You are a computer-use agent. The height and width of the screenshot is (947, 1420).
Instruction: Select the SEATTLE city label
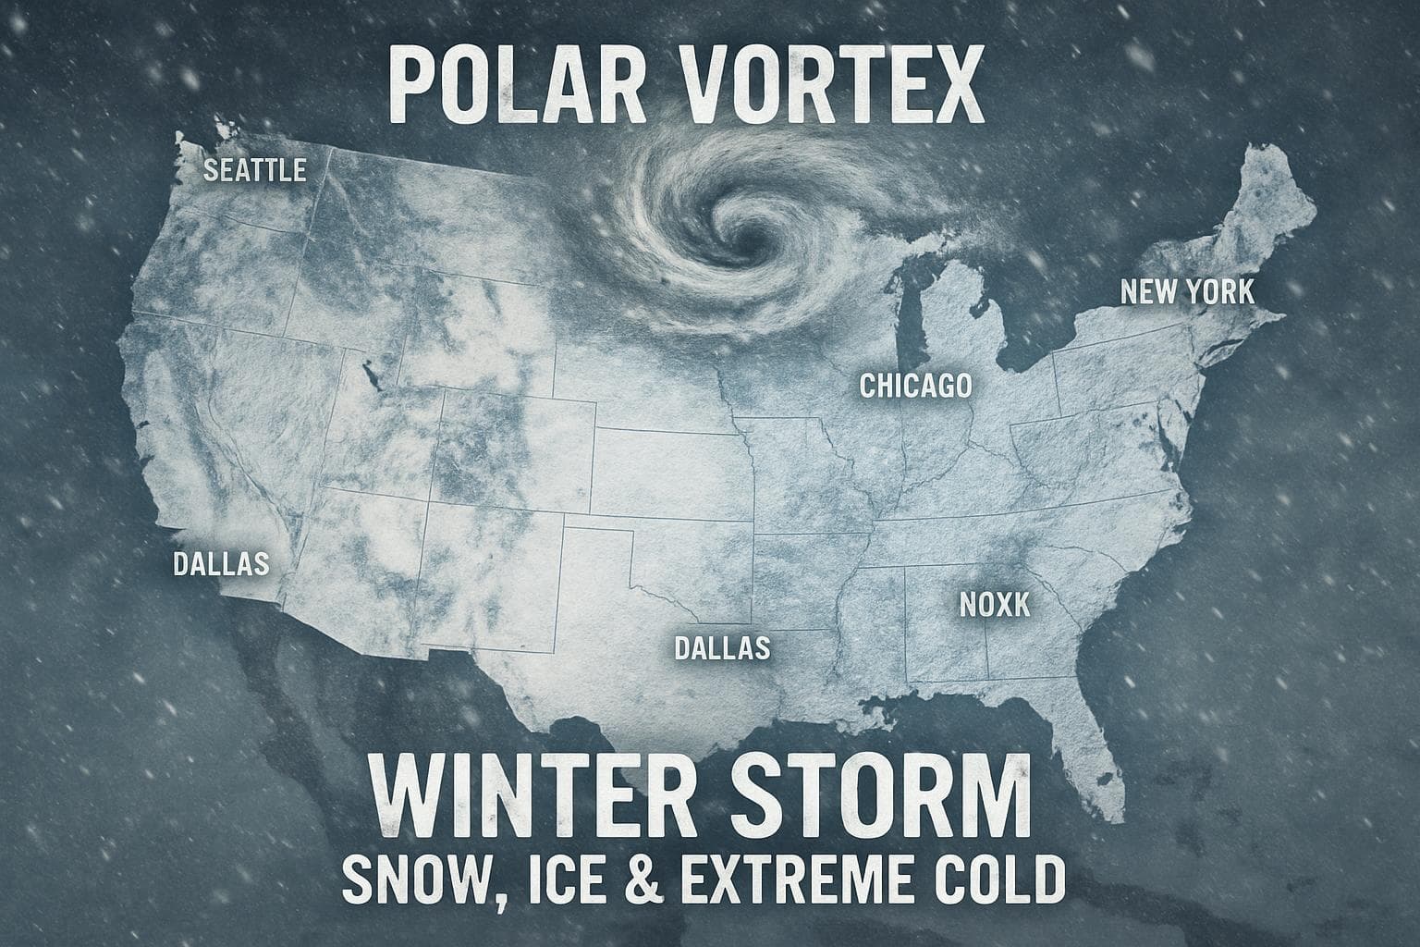[x=254, y=171]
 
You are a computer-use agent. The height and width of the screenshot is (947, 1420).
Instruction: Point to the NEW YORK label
[x=1187, y=292]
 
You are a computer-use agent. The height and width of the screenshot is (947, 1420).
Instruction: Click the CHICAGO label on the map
[x=915, y=385]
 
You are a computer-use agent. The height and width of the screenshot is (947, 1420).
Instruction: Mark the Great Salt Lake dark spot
[x=373, y=377]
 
